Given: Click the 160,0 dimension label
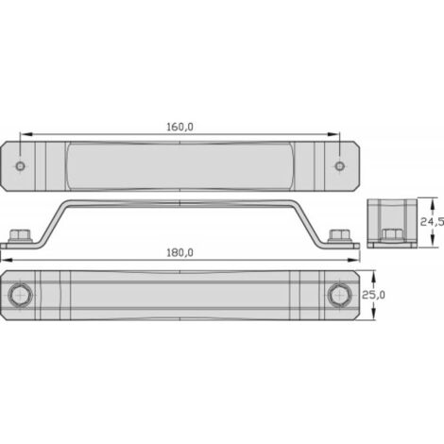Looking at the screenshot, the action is coord(179,127).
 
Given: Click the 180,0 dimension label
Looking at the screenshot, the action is coord(179,253).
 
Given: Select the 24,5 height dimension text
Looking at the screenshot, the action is coord(432,222).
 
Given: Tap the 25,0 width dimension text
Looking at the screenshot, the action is coord(373,295).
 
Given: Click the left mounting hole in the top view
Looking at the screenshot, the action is coord(21,165).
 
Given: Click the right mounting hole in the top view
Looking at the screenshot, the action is coord(339,165).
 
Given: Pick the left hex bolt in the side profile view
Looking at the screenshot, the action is coord(20,236).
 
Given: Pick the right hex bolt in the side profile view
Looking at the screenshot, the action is coord(339,236).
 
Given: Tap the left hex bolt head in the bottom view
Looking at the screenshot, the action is coord(20,296).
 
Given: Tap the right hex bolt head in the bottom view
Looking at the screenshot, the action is coord(339,296).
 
